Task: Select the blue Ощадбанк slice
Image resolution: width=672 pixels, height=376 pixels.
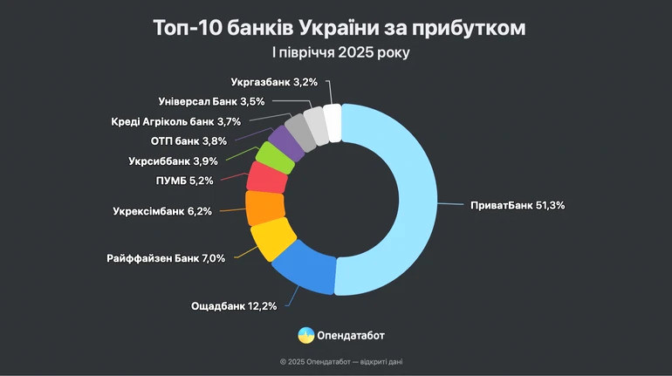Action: coord(300,265)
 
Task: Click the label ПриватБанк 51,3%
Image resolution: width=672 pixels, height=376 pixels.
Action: coord(518,205)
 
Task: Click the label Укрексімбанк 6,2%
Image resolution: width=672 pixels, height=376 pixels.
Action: coord(162,211)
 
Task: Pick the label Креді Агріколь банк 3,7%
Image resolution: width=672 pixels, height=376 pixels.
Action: coord(175,121)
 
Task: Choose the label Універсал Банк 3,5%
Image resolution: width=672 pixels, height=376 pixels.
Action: coord(200,101)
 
